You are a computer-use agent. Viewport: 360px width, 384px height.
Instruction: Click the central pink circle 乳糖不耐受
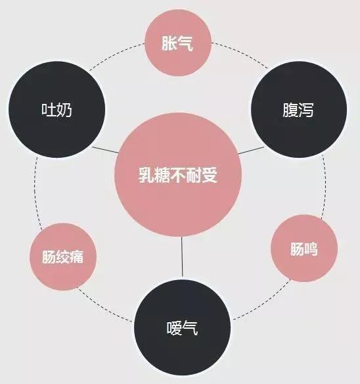pyautogui.click(x=178, y=175)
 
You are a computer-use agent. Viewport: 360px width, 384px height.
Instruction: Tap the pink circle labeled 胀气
pyautogui.click(x=178, y=43)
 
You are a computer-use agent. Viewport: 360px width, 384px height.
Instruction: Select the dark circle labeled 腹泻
pyautogui.click(x=299, y=109)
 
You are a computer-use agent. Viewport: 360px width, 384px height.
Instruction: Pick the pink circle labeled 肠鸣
pyautogui.click(x=304, y=248)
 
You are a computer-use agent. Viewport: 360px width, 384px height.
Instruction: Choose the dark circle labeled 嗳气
pyautogui.click(x=183, y=327)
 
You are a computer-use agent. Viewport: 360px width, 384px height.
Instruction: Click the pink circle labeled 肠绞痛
pyautogui.click(x=63, y=256)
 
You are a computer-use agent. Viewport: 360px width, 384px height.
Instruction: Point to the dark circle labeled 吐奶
pyautogui.click(x=56, y=109)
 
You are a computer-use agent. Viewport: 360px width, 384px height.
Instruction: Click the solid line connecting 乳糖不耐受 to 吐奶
pyautogui.click(x=105, y=150)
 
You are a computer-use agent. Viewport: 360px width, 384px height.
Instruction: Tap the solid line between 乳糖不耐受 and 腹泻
pyautogui.click(x=252, y=151)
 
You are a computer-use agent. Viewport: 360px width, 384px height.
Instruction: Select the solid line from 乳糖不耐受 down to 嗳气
pyautogui.click(x=182, y=258)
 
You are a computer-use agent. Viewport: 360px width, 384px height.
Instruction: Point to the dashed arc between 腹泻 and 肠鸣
pyautogui.click(x=325, y=186)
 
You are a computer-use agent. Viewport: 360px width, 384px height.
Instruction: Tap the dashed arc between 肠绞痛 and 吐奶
pyautogui.click(x=36, y=193)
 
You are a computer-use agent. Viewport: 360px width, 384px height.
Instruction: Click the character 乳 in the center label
pyautogui.click(x=146, y=175)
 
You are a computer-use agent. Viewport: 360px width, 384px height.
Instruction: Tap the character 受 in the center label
pyautogui.click(x=210, y=175)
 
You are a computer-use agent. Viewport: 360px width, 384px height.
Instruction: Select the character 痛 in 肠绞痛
pyautogui.click(x=77, y=256)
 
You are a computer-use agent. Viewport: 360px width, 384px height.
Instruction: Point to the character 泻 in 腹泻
pyautogui.click(x=306, y=110)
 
